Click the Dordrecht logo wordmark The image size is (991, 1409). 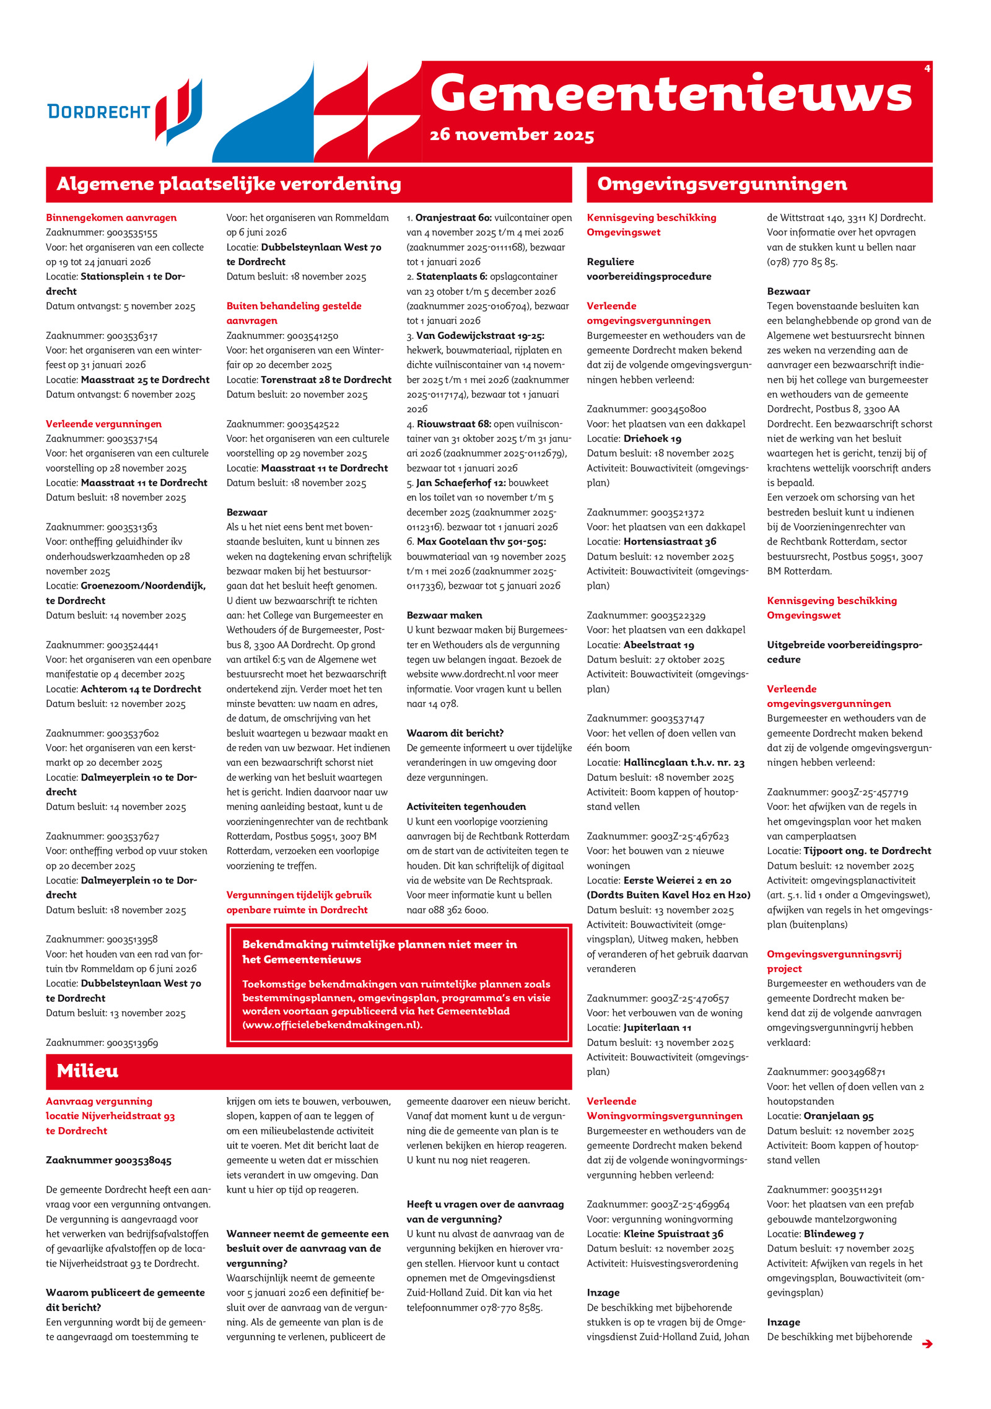pyautogui.click(x=99, y=112)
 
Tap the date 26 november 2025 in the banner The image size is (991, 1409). pyautogui.click(x=512, y=134)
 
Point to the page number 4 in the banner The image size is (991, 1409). pyautogui.click(x=927, y=68)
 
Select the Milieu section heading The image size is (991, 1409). pyautogui.click(x=87, y=1071)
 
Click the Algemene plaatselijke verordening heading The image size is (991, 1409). pyautogui.click(x=229, y=184)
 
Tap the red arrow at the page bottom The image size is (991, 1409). pyautogui.click(x=927, y=1343)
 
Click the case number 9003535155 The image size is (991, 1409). pyautogui.click(x=132, y=232)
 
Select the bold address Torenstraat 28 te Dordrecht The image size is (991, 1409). pyautogui.click(x=326, y=380)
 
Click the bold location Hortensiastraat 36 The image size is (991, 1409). pyautogui.click(x=670, y=542)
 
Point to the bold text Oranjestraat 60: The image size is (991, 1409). pyautogui.click(x=453, y=217)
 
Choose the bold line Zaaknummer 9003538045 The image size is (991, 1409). pyautogui.click(x=108, y=1160)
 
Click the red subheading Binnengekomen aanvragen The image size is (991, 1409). pyautogui.click(x=111, y=217)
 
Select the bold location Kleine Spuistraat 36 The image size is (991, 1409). pyautogui.click(x=673, y=1234)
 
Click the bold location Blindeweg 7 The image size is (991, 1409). pyautogui.click(x=829, y=1234)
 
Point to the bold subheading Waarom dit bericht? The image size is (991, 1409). pyautogui.click(x=455, y=733)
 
